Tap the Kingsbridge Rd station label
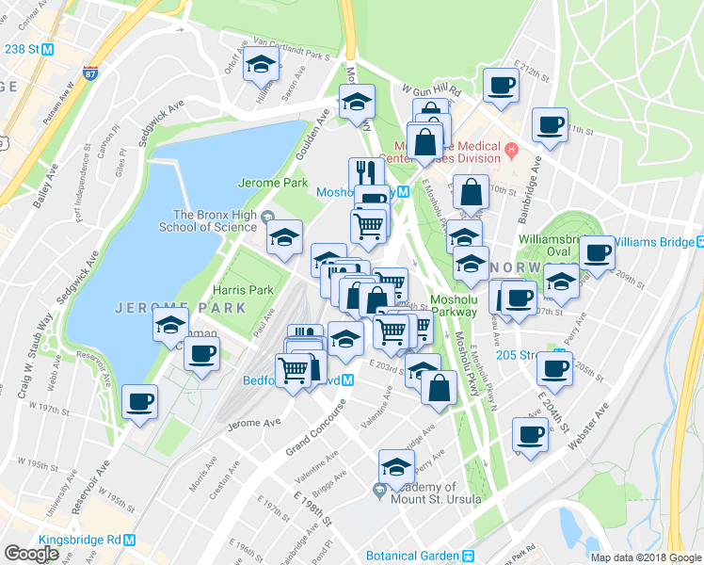pos(80,541)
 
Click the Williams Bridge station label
pos(659,242)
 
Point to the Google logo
pos(31,553)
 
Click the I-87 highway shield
pos(89,73)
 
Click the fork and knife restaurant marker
pos(365,172)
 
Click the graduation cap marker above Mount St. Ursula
pos(396,466)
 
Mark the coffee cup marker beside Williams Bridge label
pos(597,252)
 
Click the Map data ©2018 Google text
pos(645,557)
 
